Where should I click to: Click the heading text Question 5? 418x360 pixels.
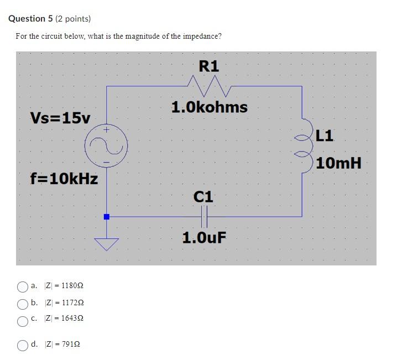31,19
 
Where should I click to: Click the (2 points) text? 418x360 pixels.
73,19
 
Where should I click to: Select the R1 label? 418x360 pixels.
209,66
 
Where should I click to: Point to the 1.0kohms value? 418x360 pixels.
209,107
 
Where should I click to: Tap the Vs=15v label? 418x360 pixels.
60,118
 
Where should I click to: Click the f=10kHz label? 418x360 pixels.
64,179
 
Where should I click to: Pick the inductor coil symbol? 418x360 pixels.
304,145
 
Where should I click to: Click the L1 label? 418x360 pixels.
326,135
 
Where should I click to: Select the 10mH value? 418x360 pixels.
339,163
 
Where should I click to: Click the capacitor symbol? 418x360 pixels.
204,216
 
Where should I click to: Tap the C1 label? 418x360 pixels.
203,196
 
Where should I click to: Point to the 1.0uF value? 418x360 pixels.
204,238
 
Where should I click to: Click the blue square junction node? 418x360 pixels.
107,217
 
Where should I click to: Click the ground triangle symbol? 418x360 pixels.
107,243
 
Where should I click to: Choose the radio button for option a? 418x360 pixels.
23,286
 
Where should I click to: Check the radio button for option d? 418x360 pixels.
23,345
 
